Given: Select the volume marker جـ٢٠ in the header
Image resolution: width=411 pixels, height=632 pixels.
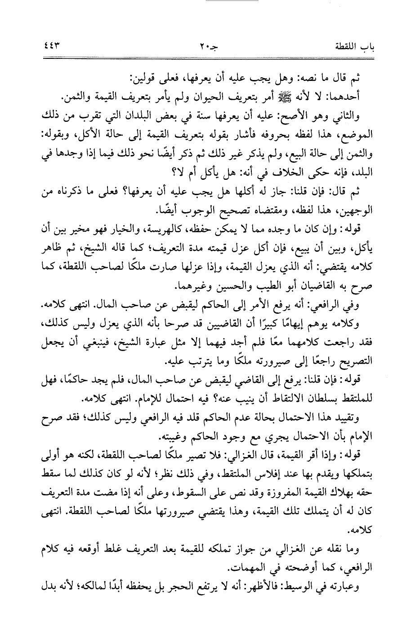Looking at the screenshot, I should [208, 46].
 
